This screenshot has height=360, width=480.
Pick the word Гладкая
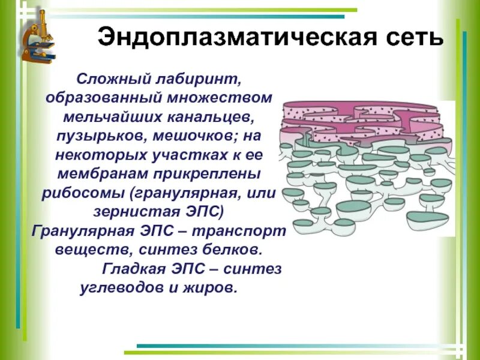click(131, 268)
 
